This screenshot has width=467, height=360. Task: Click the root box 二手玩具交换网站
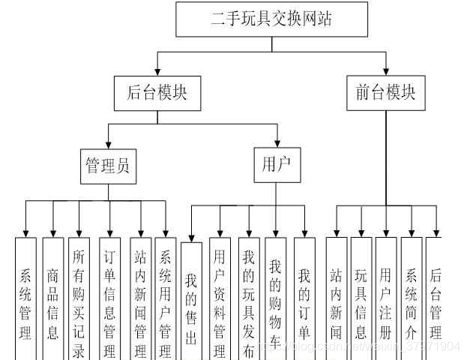272,19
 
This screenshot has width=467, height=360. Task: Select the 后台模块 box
156,93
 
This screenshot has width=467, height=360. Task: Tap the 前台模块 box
385,93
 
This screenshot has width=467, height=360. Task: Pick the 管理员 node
108,165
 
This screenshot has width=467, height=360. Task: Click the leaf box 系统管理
25,300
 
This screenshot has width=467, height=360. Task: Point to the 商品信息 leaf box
52,300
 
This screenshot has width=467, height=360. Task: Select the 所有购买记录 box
79,300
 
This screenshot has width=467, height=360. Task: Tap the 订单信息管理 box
109,300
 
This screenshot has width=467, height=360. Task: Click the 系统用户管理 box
165,300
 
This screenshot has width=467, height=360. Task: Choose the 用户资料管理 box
220,300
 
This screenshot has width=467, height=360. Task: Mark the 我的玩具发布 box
249,300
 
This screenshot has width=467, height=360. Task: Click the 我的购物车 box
275,300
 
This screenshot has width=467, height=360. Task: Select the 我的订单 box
304,300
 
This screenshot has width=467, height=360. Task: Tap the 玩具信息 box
361,300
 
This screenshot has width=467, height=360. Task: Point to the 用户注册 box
386,300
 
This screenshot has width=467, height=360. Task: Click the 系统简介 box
412,300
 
